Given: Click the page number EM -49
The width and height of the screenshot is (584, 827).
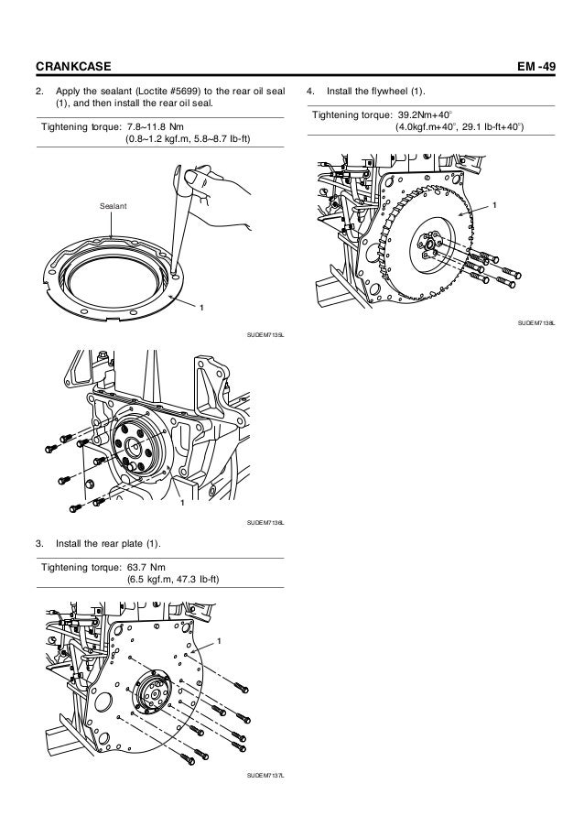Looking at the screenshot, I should pyautogui.click(x=540, y=65).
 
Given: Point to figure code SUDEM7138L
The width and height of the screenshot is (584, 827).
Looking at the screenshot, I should pyautogui.click(x=537, y=323).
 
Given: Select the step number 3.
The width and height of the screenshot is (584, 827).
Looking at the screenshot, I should pyautogui.click(x=39, y=545).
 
